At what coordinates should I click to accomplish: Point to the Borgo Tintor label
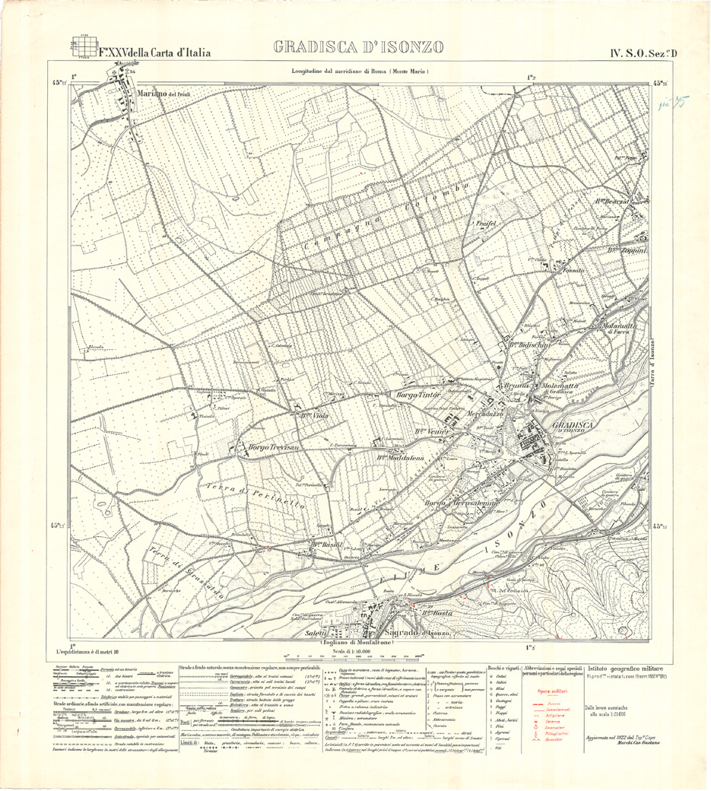tap(418, 394)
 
